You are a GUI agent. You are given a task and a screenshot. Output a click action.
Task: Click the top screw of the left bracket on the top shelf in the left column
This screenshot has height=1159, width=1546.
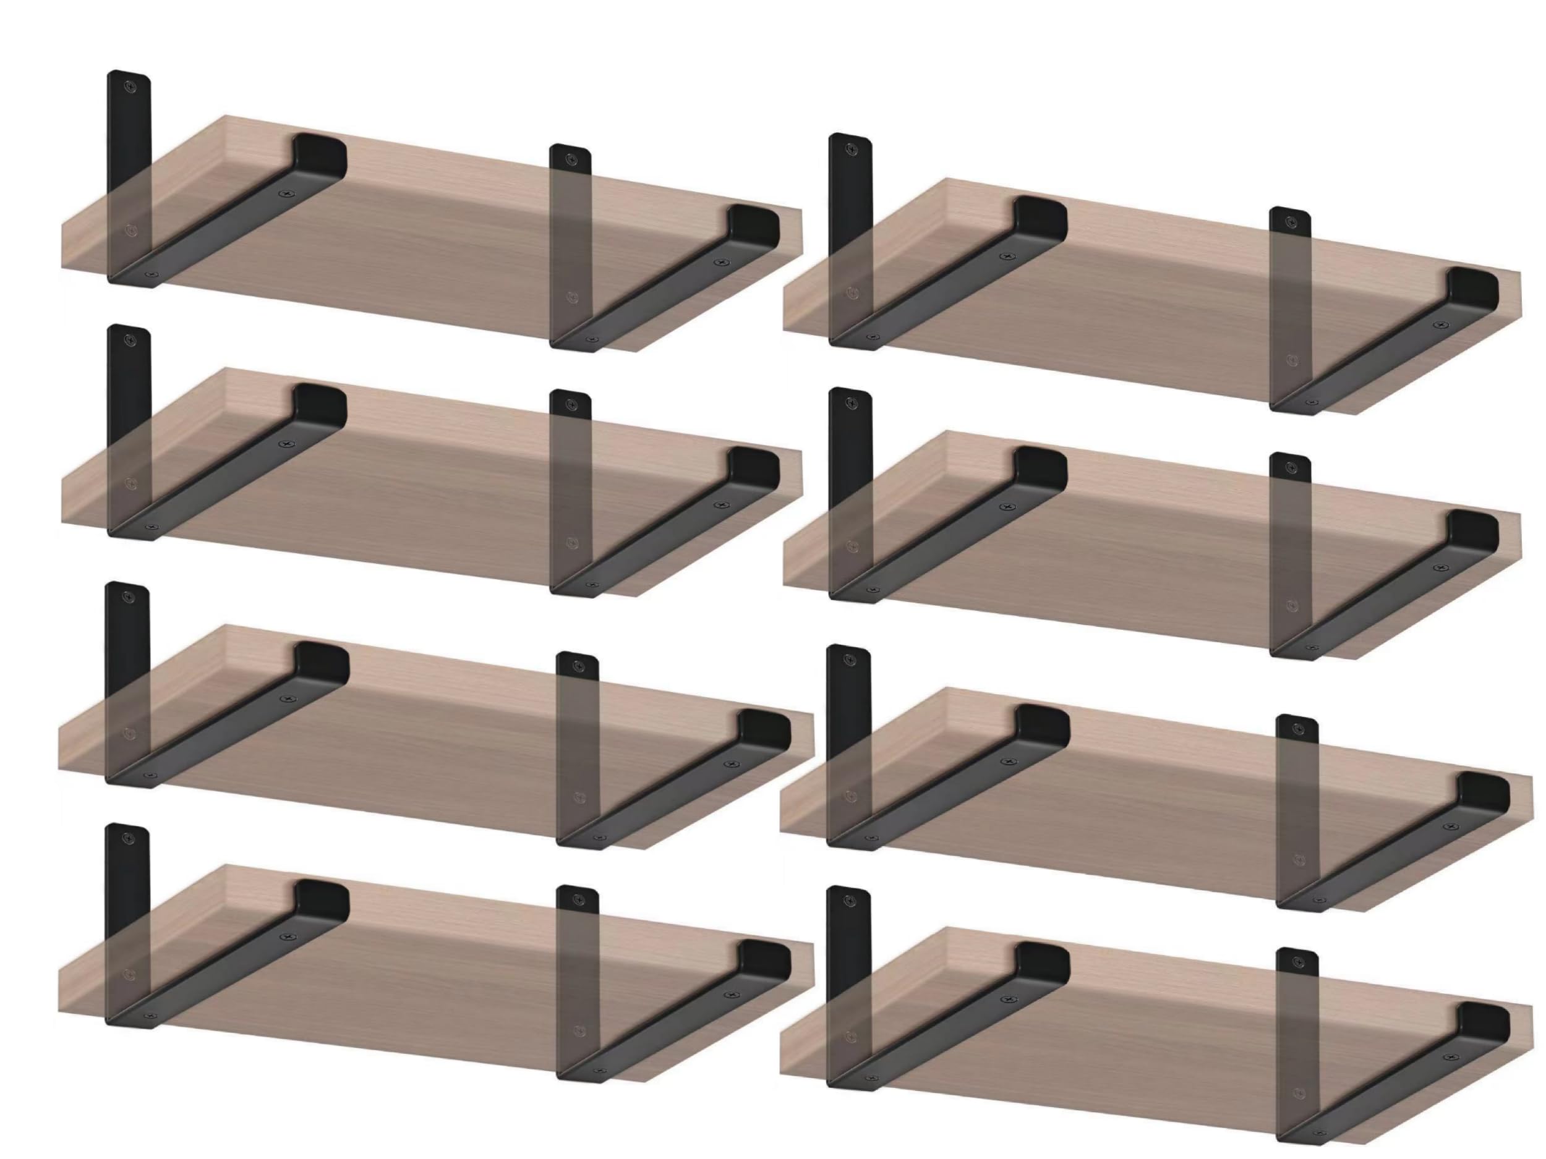129,86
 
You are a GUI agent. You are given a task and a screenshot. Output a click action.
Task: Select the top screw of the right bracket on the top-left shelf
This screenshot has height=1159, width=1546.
571,159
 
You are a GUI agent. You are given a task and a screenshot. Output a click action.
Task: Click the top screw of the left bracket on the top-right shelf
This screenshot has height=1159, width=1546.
852,149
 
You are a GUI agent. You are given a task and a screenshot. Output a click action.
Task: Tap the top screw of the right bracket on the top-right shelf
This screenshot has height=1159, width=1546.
1291,221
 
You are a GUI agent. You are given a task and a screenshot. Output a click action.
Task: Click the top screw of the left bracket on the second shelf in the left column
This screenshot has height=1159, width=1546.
129,340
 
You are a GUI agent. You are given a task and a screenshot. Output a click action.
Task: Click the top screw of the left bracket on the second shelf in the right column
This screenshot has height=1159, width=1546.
852,403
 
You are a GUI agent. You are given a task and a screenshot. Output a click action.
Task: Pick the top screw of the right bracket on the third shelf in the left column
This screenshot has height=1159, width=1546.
578,667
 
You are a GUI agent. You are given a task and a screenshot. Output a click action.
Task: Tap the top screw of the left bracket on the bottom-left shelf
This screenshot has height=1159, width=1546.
128,838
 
